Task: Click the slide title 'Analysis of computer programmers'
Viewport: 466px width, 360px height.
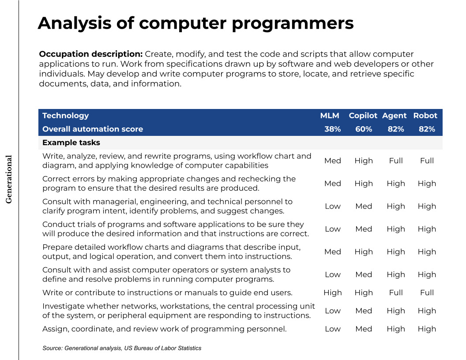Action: tap(195, 23)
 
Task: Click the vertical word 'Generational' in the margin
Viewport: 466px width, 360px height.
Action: tap(9, 179)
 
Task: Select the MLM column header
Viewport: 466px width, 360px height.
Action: tap(330, 116)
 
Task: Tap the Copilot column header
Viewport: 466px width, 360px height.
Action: tap(363, 116)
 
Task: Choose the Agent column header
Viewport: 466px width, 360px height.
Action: tap(394, 116)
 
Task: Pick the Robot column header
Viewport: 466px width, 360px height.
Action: tap(425, 116)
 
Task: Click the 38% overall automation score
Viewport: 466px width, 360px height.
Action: tap(333, 129)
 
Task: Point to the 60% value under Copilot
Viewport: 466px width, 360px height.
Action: tap(364, 129)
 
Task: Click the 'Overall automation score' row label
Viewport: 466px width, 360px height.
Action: tap(93, 129)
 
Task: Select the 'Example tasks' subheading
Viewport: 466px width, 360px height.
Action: tap(71, 142)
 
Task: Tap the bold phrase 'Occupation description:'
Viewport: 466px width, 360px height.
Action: tap(91, 54)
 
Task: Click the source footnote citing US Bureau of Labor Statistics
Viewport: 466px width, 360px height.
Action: tap(122, 348)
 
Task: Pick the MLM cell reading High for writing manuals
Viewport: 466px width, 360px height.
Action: tap(333, 292)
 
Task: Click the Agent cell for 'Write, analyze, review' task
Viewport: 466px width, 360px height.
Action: tap(396, 161)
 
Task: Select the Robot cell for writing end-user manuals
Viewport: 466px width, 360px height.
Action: tap(427, 292)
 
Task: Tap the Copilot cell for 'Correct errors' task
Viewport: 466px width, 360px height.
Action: tap(364, 184)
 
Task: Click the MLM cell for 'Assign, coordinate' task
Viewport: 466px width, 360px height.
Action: tap(333, 329)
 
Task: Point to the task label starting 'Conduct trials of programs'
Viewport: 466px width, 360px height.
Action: tap(175, 229)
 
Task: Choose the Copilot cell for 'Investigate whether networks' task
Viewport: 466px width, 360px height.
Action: tap(364, 311)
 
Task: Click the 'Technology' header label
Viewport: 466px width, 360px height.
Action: tap(65, 116)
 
